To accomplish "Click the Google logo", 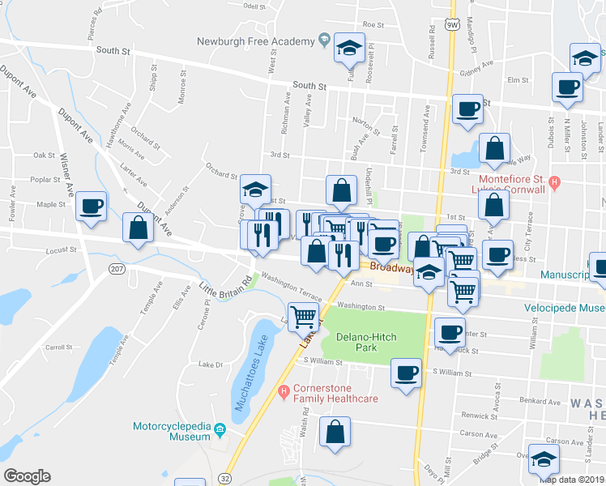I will pyautogui.click(x=27, y=476).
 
